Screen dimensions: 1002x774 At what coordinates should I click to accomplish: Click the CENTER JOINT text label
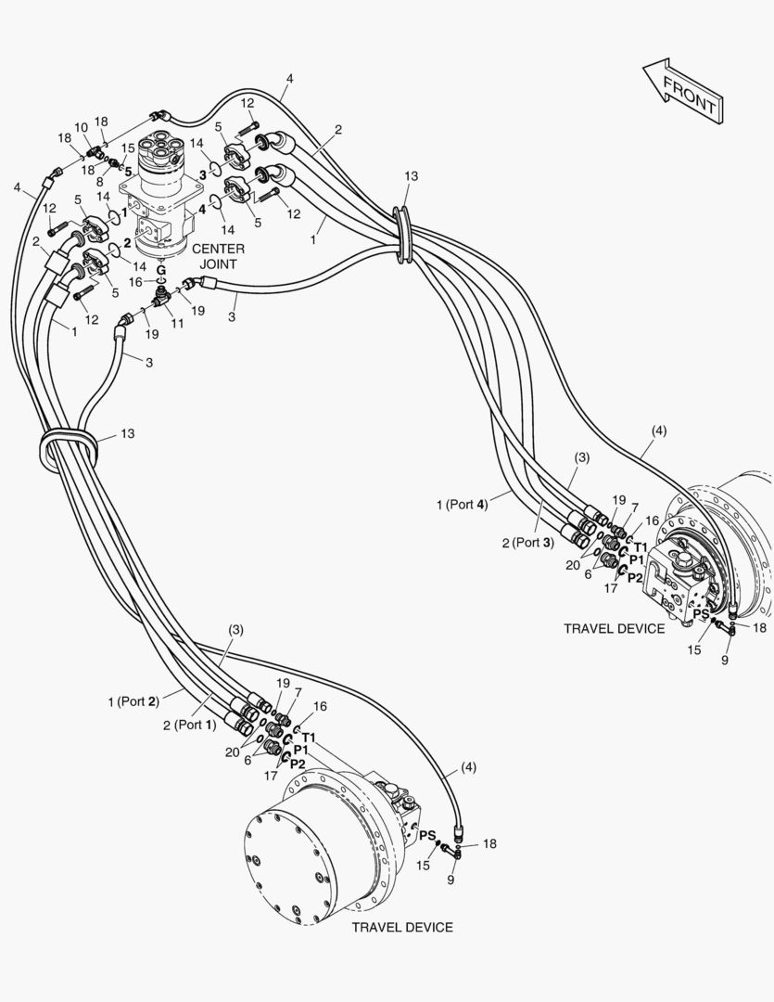(219, 255)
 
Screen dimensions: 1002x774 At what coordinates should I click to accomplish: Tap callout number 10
(81, 127)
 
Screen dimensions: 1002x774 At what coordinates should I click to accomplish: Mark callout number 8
(99, 182)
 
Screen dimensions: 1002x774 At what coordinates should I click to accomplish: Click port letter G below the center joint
(160, 269)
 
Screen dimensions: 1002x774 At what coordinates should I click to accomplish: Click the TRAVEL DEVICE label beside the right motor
(614, 628)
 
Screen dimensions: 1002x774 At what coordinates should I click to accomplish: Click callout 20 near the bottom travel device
(232, 751)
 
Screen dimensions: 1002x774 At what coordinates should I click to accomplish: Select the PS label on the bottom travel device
(426, 835)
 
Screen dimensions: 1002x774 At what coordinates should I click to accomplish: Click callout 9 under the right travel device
(725, 660)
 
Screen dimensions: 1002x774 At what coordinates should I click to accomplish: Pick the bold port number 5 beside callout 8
(128, 171)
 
